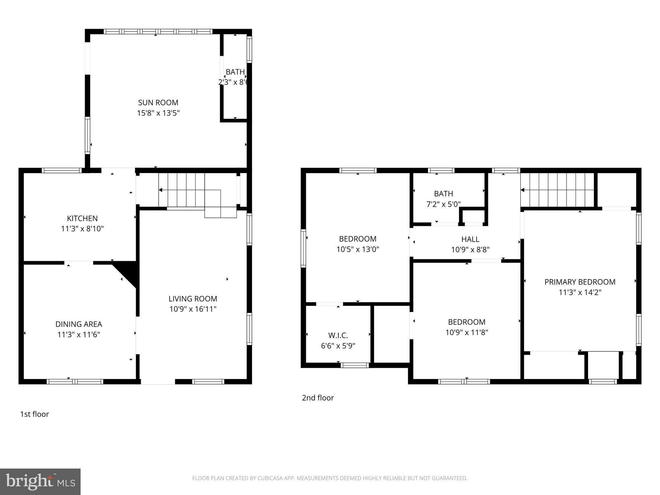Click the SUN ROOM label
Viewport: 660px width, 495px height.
point(158,102)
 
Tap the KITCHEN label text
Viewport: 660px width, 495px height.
point(82,218)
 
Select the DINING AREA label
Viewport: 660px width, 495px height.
point(79,324)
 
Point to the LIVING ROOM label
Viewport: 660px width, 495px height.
point(193,299)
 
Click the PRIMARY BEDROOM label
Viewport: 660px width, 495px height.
point(580,282)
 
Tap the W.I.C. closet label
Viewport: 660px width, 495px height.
point(338,335)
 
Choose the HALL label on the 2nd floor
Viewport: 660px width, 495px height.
point(470,239)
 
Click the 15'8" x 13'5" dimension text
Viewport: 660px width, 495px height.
point(158,113)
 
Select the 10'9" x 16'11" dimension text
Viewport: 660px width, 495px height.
point(193,309)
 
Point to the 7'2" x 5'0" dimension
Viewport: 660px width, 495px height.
point(443,204)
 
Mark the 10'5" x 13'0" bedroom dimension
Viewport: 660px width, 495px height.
point(358,249)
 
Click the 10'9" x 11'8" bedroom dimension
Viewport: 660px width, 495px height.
point(467,332)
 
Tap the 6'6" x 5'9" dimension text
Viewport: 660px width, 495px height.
point(338,346)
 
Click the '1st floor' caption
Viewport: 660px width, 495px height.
point(34,414)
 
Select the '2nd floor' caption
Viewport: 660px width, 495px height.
point(318,398)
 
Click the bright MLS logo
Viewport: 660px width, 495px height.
point(40,481)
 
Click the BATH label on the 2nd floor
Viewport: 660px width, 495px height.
point(443,194)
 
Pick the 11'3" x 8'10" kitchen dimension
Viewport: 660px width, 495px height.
point(82,228)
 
